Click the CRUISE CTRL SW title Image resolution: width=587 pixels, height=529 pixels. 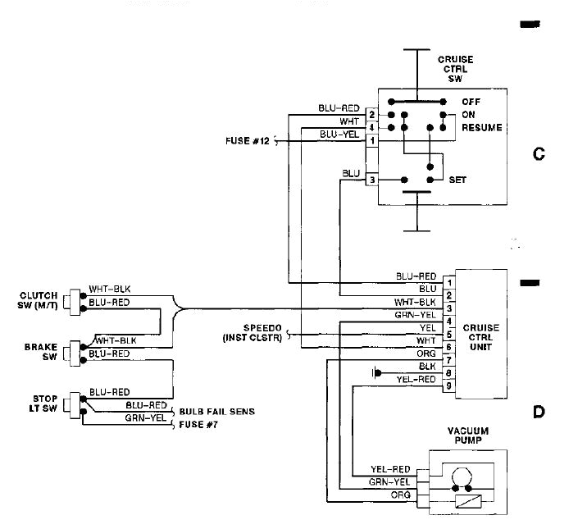click(x=455, y=70)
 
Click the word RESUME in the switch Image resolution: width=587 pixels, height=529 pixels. click(x=481, y=129)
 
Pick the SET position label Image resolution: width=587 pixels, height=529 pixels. click(x=457, y=180)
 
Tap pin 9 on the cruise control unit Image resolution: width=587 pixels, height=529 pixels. click(x=448, y=385)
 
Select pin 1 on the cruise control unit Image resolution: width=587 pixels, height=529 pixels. click(x=448, y=283)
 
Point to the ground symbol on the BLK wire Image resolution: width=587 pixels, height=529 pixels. click(x=376, y=373)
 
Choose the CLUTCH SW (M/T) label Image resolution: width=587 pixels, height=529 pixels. click(x=39, y=301)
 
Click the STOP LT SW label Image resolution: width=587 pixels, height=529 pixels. click(x=39, y=404)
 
